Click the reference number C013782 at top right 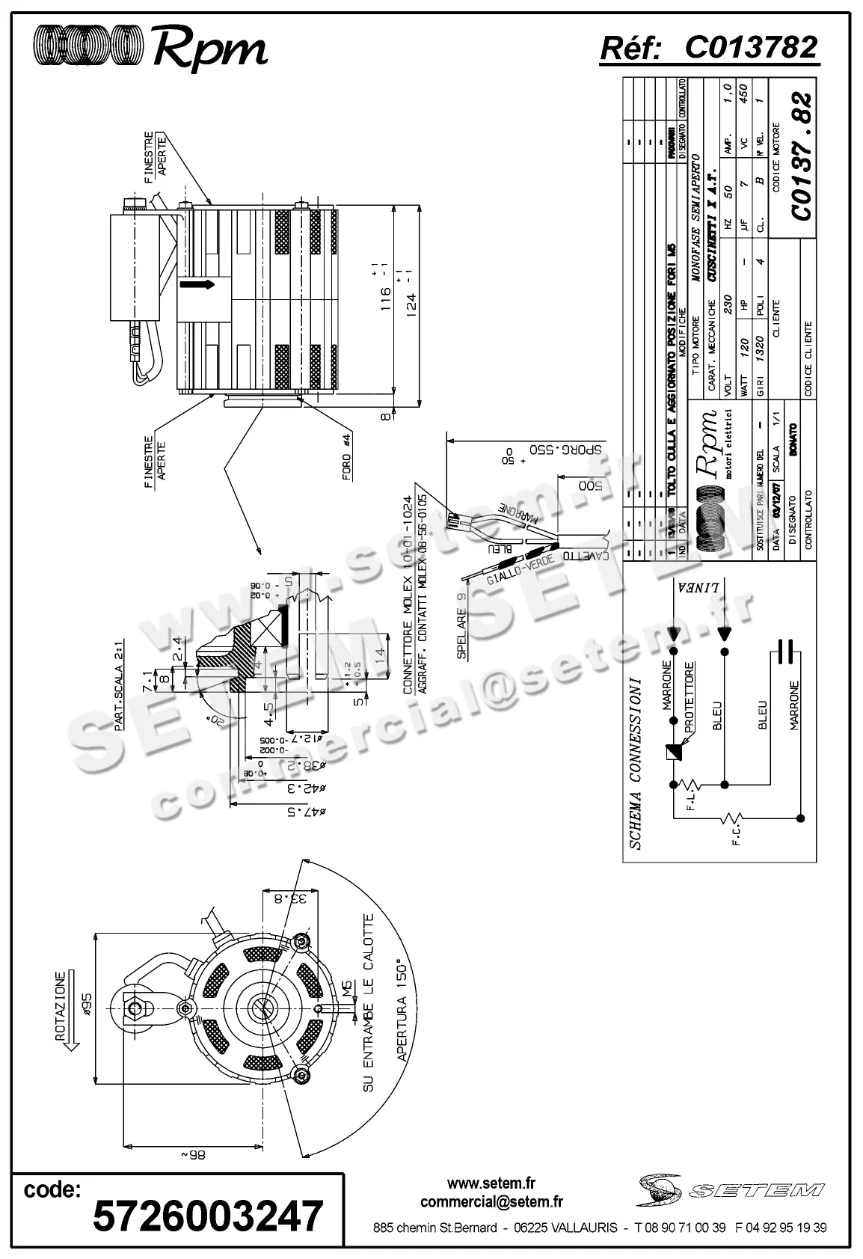point(751,48)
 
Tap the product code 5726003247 point(208,1216)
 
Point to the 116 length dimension point(386,293)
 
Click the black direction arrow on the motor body point(196,284)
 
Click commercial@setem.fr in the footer point(491,1202)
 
